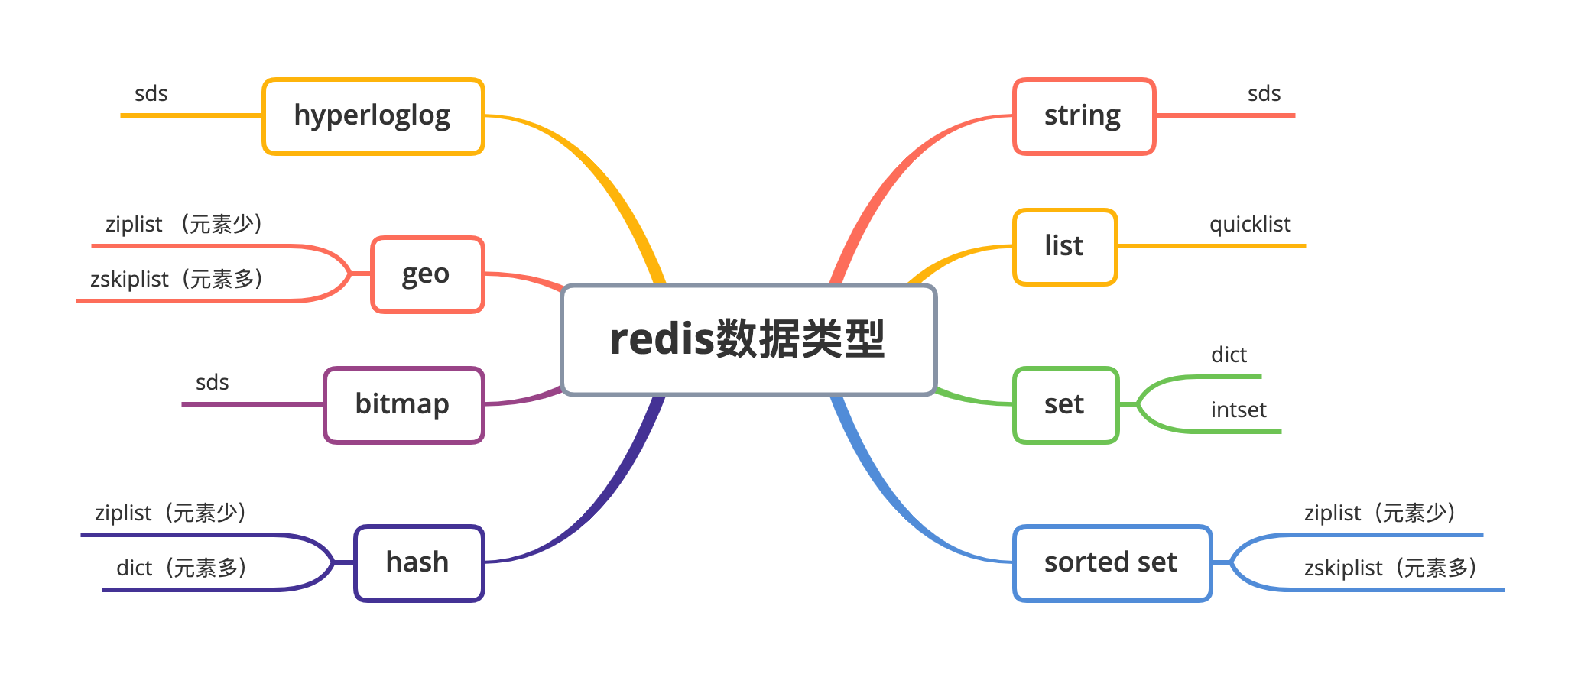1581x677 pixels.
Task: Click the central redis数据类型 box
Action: pyautogui.click(x=748, y=340)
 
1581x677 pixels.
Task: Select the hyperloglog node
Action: pyautogui.click(x=373, y=116)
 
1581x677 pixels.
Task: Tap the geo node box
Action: pyautogui.click(x=427, y=274)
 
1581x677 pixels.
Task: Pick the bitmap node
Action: pyautogui.click(x=404, y=405)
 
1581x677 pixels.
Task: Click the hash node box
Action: pyautogui.click(x=419, y=563)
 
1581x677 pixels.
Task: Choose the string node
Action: pyautogui.click(x=1083, y=116)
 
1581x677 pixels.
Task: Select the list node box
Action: pyautogui.click(x=1065, y=247)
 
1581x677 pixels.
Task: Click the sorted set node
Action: pyautogui.click(x=1112, y=563)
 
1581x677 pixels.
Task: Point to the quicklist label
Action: pyautogui.click(x=1250, y=225)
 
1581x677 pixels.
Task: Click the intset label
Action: pyautogui.click(x=1239, y=410)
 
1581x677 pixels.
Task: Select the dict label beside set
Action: pyautogui.click(x=1229, y=355)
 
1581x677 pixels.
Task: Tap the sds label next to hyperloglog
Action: pyautogui.click(x=151, y=94)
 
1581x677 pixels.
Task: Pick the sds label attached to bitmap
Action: pyautogui.click(x=213, y=383)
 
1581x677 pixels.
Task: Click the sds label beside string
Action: pyautogui.click(x=1264, y=94)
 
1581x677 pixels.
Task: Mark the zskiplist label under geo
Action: pyautogui.click(x=177, y=280)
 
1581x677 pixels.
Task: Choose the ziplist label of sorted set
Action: pyautogui.click(x=1381, y=513)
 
